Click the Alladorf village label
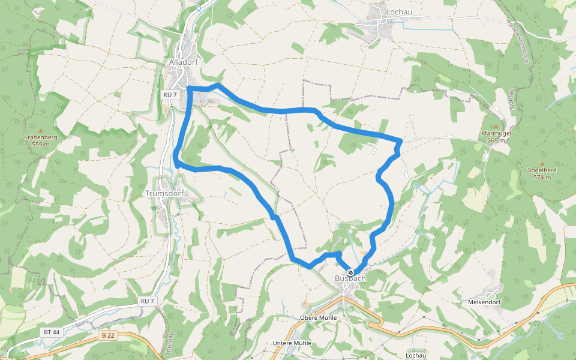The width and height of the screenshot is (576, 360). [x=184, y=61]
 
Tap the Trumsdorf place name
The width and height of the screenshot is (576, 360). [x=164, y=194]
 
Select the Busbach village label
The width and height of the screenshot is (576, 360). [x=350, y=279]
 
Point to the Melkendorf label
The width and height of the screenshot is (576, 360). [x=484, y=303]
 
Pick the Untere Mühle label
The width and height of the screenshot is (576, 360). [x=292, y=343]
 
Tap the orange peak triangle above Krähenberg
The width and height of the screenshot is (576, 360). [x=41, y=130]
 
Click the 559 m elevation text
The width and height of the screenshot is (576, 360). [x=41, y=145]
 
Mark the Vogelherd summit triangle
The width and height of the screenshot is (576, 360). [x=542, y=163]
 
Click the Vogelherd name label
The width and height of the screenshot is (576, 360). [x=542, y=170]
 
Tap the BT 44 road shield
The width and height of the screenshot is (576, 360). [x=52, y=332]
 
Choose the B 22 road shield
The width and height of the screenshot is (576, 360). [x=107, y=335]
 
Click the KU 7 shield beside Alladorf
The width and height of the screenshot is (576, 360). [x=170, y=95]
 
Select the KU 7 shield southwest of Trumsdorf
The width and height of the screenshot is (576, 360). [x=148, y=301]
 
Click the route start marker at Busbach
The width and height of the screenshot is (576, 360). [x=350, y=272]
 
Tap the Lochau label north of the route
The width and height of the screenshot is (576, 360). [x=399, y=11]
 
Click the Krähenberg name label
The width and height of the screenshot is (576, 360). [x=41, y=137]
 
